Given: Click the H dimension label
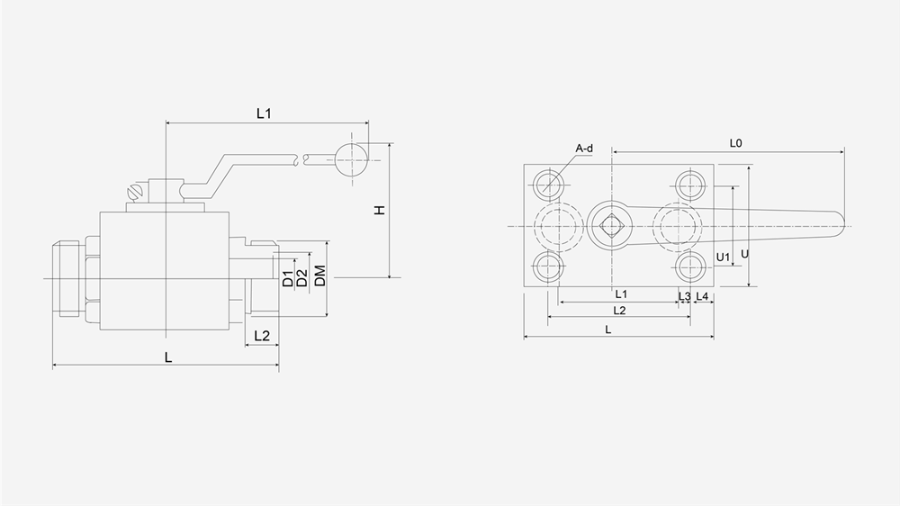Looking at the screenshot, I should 380,210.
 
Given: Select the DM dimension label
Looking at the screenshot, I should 319,277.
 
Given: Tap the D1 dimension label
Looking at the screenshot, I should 287,278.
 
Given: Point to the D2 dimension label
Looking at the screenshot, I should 302,277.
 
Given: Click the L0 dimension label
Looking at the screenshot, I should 735,142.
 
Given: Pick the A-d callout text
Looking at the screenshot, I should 584,149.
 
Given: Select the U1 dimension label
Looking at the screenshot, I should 722,258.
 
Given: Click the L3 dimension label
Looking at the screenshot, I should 684,295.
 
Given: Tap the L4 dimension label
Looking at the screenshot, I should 702,295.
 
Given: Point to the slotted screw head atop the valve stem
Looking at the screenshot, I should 138,191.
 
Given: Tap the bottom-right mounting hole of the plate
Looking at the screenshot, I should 691,267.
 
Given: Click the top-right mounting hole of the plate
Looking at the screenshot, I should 691,185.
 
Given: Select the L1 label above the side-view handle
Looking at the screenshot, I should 264,113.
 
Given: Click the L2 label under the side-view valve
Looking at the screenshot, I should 262,336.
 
